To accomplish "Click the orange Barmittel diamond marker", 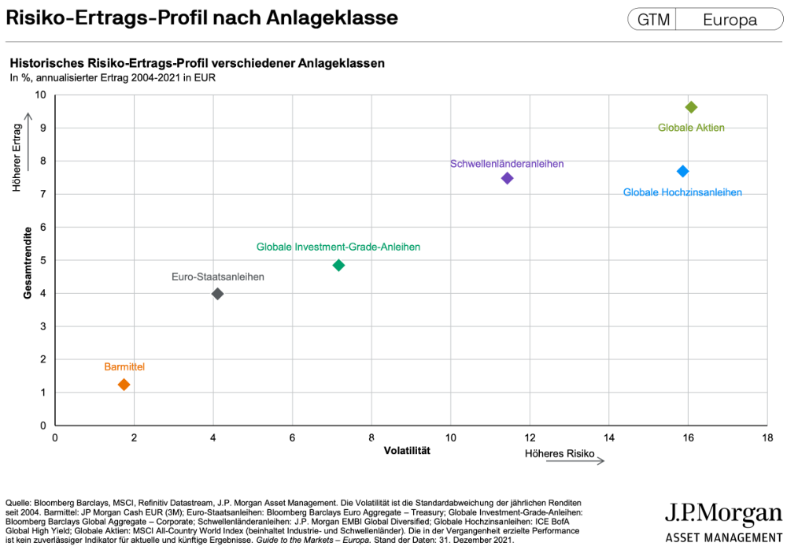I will coord(124,385).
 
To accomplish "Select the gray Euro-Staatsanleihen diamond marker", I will coord(218,294).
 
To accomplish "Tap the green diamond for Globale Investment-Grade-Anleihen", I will coord(338,266).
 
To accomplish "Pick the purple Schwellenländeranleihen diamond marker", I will coord(507,178).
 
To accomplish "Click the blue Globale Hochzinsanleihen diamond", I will coord(682,171).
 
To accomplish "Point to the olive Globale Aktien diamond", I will coord(691,107).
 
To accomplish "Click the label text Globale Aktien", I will coord(691,128).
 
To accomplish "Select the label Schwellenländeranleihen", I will coord(507,164).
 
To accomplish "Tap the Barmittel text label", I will coord(124,367).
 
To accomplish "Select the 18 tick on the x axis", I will coord(767,438).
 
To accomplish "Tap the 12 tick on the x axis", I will coord(530,438).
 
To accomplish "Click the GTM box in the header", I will coord(652,20).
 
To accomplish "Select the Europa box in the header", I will coord(730,20).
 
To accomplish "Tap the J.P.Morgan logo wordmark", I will coord(723,515).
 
